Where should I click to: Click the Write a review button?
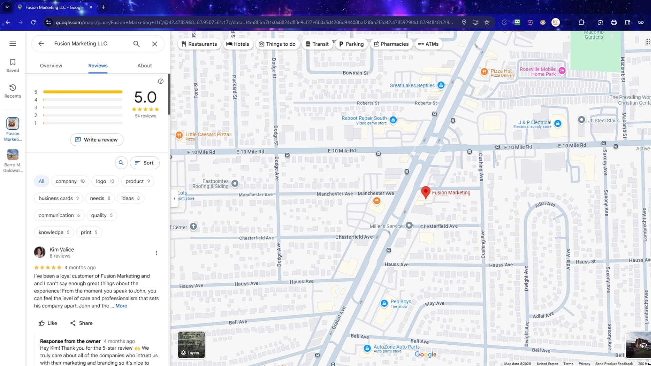[x=97, y=140]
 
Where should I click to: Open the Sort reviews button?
[x=144, y=163]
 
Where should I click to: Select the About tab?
[x=144, y=66]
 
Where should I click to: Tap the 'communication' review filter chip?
[x=59, y=215]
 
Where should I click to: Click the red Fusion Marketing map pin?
[x=426, y=192]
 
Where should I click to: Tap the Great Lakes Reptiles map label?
[x=412, y=85]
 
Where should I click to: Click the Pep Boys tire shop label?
[x=400, y=302]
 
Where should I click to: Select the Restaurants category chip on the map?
[x=199, y=44]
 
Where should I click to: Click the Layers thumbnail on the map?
[x=191, y=345]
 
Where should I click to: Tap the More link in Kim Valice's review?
[x=121, y=306]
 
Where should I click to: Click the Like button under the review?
[x=48, y=323]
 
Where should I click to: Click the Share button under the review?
[x=81, y=323]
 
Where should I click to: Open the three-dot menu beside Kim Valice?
[x=156, y=253]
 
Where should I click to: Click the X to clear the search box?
[x=155, y=44]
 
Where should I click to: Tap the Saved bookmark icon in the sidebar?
[x=13, y=65]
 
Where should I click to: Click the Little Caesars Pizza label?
[x=207, y=135]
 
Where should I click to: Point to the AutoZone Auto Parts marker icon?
[x=367, y=348]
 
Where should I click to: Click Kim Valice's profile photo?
[x=40, y=252]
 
